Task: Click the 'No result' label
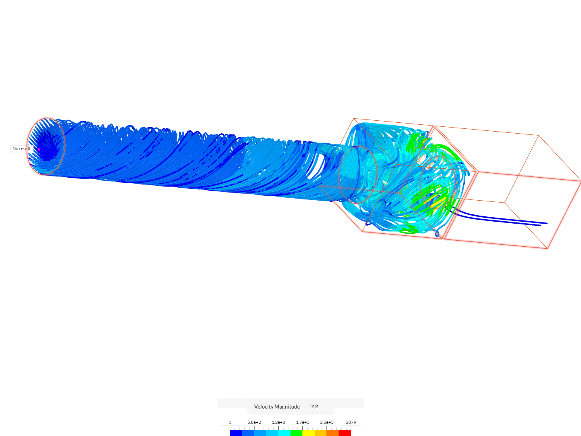point(21,149)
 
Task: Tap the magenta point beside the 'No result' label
point(39,149)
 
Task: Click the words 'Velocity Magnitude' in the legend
point(277,407)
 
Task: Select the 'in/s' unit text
point(314,407)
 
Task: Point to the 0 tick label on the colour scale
point(230,422)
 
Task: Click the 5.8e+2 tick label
point(254,422)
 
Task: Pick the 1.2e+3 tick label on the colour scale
point(278,422)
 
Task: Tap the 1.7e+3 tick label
point(303,422)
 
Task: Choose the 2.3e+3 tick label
point(327,422)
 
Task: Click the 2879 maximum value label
point(351,422)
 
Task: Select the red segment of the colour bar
point(345,433)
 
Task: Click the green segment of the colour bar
point(297,433)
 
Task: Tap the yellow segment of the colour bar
point(309,433)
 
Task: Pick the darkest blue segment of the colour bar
point(236,433)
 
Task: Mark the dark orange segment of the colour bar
point(333,433)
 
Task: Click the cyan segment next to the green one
point(284,433)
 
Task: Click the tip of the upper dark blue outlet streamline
point(547,223)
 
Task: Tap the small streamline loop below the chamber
point(437,234)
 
